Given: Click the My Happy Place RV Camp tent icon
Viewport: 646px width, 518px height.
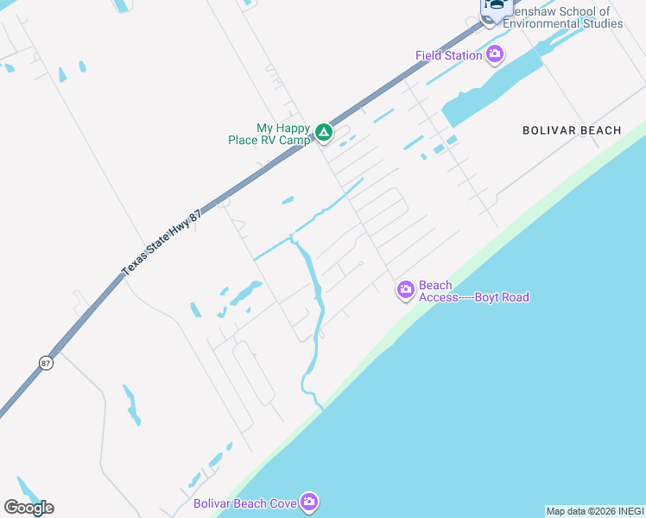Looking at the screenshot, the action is tap(323, 132).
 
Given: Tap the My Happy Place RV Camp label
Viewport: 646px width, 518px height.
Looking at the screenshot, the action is tap(269, 134).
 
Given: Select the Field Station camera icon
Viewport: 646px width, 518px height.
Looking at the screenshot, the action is tap(495, 55).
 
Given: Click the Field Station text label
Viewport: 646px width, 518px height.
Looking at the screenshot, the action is tap(448, 55).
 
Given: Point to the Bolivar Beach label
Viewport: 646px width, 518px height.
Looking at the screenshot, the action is tap(572, 130).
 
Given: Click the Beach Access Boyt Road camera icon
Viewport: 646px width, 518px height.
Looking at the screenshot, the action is tap(405, 291).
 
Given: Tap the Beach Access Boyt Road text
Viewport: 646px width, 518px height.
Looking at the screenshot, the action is tap(473, 292).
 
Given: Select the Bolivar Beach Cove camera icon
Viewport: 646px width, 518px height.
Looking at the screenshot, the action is tap(309, 502).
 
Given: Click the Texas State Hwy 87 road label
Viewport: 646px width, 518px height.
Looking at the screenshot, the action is tap(161, 244).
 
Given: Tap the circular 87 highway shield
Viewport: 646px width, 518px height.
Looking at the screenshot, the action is tap(45, 363).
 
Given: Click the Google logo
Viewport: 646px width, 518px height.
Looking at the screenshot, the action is tap(28, 508).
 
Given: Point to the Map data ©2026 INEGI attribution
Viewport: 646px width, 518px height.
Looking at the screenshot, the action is tap(594, 511).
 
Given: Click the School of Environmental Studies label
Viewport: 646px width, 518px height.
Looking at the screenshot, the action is tap(561, 18).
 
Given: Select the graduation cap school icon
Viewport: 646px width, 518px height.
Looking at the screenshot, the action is tap(496, 5).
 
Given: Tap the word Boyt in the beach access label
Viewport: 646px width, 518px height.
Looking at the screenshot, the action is tap(478, 298).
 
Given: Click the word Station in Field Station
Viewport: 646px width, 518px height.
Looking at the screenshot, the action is tap(463, 55).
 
